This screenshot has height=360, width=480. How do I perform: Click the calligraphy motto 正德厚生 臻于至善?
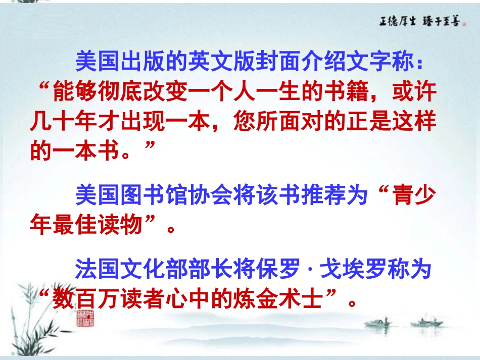click(420, 21)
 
